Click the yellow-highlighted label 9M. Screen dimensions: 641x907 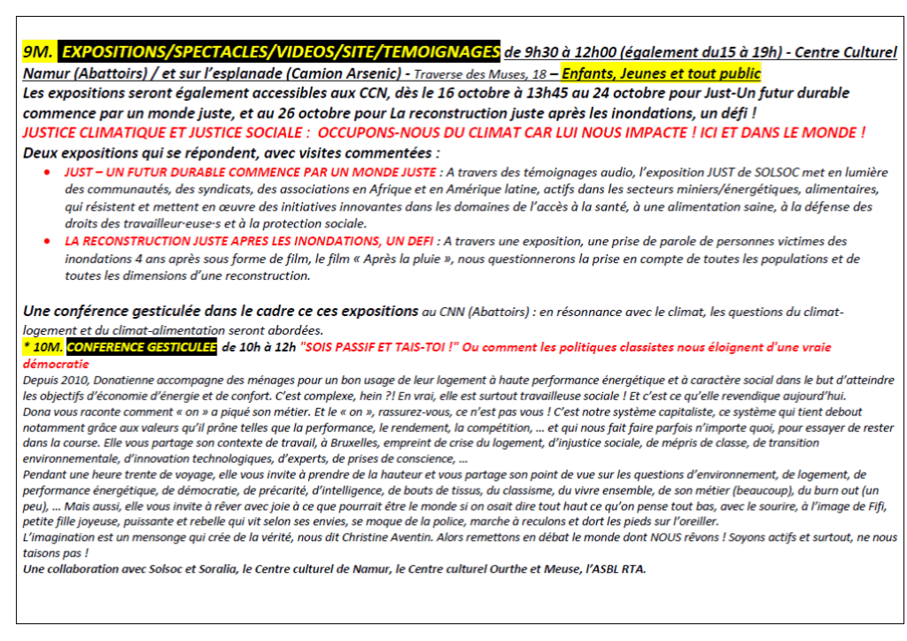(x=39, y=53)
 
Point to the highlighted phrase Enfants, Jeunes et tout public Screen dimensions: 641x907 (x=661, y=73)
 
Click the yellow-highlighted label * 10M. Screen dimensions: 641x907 (x=42, y=347)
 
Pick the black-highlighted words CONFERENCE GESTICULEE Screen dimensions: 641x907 (x=141, y=347)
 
